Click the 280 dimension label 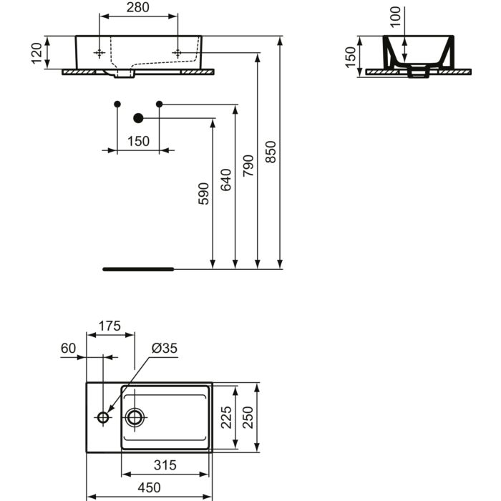click(138, 8)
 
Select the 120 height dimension click(38, 52)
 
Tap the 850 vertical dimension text click(271, 152)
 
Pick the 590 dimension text click(204, 194)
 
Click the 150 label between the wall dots click(137, 141)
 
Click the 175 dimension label click(109, 326)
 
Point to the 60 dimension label click(69, 349)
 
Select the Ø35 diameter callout click(164, 349)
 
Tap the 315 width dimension click(165, 465)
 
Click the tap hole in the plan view click(103, 417)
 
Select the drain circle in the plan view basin click(135, 417)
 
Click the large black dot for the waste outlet click(139, 118)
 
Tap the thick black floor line click(138, 269)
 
